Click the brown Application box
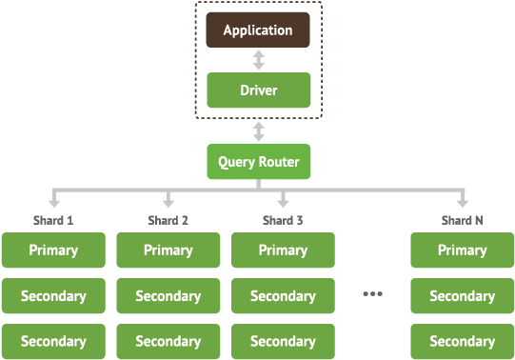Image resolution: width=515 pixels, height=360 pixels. [258, 30]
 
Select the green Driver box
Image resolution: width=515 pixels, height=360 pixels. [258, 90]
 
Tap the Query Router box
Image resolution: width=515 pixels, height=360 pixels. [258, 162]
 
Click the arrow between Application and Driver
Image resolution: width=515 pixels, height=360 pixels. [258, 60]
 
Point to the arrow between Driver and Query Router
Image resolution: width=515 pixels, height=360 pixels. [258, 130]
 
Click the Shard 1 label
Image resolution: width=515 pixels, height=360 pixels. [53, 221]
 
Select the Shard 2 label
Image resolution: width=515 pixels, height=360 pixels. [168, 221]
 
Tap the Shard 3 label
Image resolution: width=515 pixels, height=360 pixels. [283, 221]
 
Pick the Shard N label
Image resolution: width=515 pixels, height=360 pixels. [462, 221]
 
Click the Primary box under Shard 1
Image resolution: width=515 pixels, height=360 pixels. [53, 250]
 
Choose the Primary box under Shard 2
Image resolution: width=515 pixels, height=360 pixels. [168, 250]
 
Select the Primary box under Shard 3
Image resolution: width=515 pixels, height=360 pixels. [283, 250]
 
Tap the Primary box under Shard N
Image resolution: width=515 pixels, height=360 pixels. [462, 250]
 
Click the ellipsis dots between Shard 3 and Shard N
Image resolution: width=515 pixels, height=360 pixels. [372, 294]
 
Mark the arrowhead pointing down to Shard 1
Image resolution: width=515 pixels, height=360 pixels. [53, 202]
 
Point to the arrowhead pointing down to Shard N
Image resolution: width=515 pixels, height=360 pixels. [462, 202]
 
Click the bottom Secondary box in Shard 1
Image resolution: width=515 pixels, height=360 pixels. [53, 341]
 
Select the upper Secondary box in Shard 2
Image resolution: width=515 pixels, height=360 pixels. [168, 296]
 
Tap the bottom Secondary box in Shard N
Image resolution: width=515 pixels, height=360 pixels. [462, 341]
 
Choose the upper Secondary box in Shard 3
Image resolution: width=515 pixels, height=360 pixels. [283, 296]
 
